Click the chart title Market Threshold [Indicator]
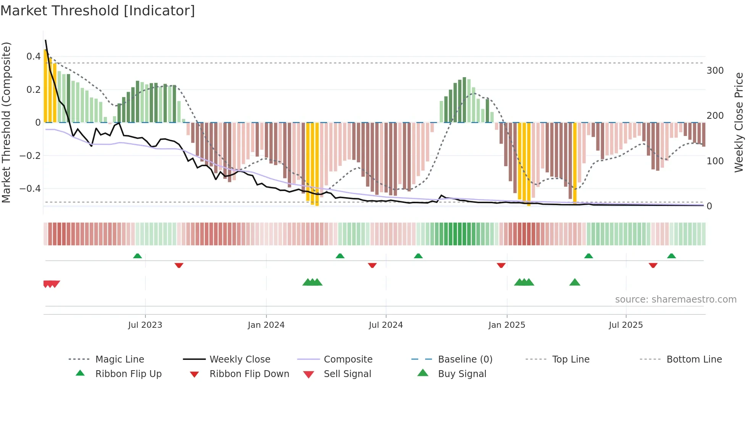(x=98, y=11)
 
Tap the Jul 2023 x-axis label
(x=145, y=325)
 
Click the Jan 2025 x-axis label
(x=507, y=325)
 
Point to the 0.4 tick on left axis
(x=34, y=57)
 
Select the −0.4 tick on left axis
(x=31, y=189)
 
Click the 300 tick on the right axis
(x=715, y=71)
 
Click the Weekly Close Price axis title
(x=739, y=122)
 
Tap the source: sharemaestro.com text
(x=675, y=300)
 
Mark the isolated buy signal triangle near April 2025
(x=575, y=283)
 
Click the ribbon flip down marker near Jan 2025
(x=501, y=265)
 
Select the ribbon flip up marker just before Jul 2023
(x=137, y=256)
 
